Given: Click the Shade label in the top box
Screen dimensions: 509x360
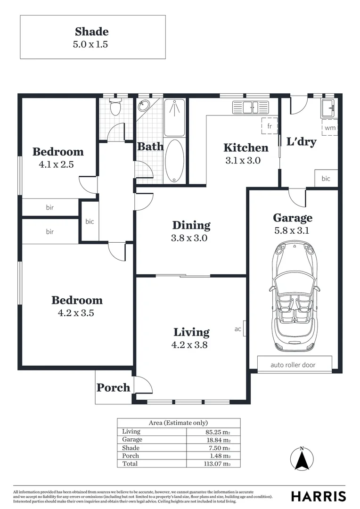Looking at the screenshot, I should pos(92,32).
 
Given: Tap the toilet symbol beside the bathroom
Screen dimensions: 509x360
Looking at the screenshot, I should pos(115,108).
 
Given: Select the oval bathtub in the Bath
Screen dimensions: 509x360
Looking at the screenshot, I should pos(176,161).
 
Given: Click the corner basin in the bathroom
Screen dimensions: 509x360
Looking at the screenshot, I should pos(144,107).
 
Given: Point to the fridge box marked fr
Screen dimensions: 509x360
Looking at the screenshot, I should pos(270,126).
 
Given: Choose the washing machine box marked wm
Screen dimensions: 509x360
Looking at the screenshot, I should pos(330,127).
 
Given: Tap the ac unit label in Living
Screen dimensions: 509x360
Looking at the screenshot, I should pos(238,329).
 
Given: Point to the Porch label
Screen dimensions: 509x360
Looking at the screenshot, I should pos(113,387).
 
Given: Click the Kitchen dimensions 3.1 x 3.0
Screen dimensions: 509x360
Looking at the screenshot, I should pos(243,160).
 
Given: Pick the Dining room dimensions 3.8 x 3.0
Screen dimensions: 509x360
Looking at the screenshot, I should pos(189,238).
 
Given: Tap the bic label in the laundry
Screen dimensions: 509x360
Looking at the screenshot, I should pos(326,179).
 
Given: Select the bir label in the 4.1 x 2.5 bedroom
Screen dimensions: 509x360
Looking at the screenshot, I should pos(49,207).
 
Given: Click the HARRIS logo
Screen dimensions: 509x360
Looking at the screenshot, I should pos(318,496).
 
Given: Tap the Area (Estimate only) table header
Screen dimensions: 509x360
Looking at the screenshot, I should pos(178,423).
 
